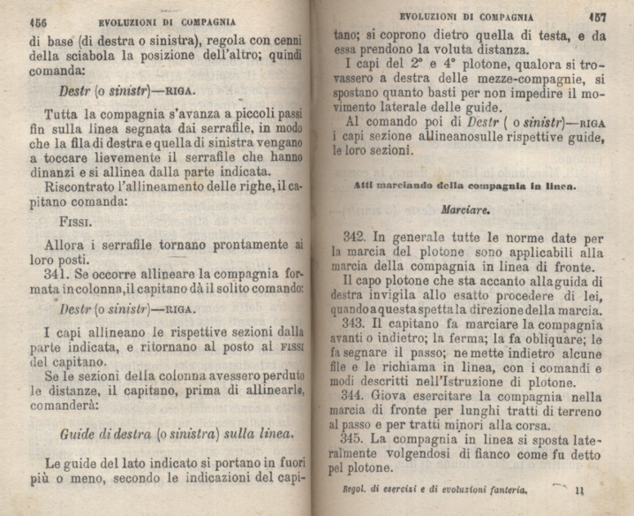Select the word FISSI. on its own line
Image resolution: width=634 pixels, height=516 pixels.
(x=78, y=220)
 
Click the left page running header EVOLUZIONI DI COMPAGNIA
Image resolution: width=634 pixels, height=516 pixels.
(x=167, y=22)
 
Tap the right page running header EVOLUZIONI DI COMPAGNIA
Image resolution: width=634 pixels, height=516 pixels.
(x=466, y=16)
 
